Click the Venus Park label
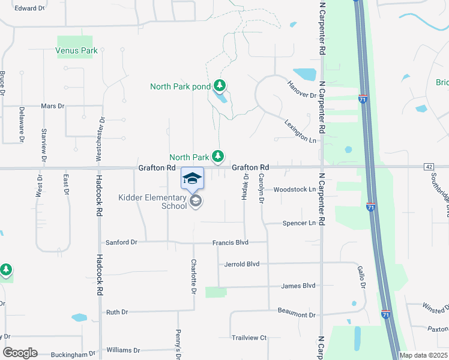coord(76,51)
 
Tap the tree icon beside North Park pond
coord(220,86)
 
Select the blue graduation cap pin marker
coord(192,179)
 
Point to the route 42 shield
coord(428,166)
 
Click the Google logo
coord(20,353)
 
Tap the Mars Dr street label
coord(53,106)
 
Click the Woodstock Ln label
coord(295,190)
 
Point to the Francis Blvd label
coord(231,243)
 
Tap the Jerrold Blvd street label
coord(242,264)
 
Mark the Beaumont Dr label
coord(297,314)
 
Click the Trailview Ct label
coord(249,338)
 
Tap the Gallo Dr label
coord(362,277)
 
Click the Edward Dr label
coord(30,8)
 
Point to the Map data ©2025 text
coord(423,355)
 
